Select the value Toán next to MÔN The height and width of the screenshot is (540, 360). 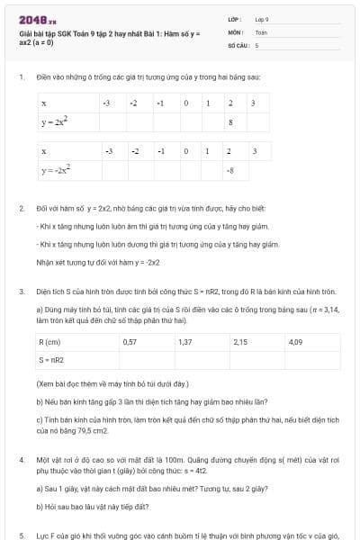(x=261, y=31)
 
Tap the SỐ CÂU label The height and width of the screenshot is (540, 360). (x=237, y=43)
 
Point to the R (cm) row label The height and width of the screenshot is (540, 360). (x=50, y=342)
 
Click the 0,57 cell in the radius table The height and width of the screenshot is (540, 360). (x=130, y=342)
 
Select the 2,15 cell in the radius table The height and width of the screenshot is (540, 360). (x=240, y=342)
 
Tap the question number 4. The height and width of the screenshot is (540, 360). (x=21, y=459)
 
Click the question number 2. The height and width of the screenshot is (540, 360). (x=21, y=208)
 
